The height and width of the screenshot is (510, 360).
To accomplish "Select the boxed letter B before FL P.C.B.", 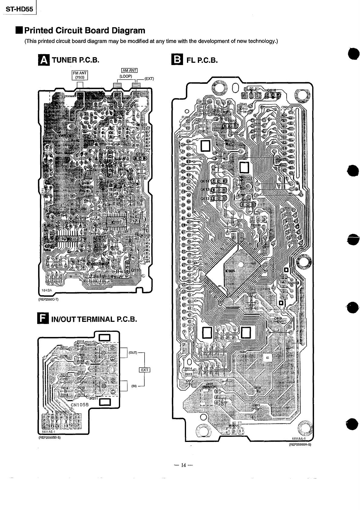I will coord(176,60).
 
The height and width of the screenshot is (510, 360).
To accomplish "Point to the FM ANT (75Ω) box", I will coord(80,75).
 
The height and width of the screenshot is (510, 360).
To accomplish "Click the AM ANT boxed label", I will coord(129,71).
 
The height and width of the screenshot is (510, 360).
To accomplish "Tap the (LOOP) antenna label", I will coord(126,76).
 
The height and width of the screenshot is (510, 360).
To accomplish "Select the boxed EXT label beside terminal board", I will coord(145,370).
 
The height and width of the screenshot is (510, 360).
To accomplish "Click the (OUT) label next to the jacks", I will coord(133,353).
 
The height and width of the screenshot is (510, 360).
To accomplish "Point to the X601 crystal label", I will coord(257,214).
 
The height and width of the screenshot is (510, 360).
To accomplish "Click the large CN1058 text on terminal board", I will coord(80,404).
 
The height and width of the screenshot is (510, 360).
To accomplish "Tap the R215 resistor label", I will coord(81,341).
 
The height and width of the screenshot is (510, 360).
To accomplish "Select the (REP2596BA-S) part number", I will coord(300,444).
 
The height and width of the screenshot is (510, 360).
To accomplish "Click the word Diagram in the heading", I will coord(128,30).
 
